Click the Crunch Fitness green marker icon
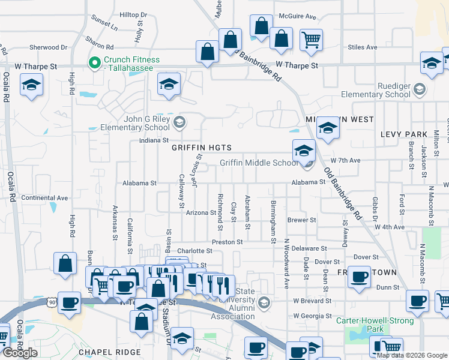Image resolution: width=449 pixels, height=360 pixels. pos(95,61)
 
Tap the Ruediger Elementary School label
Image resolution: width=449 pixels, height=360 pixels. pos(376,90)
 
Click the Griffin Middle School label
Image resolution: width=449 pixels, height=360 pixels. pos(259,163)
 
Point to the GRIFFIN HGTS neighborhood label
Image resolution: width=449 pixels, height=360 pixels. pos(201,148)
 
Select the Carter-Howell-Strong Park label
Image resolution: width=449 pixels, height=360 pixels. pos(376,325)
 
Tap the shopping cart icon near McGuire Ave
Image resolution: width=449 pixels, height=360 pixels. pos(311,40)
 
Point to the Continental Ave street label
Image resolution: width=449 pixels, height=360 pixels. pos(44,197)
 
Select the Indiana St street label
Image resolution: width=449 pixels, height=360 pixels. pos(154,140)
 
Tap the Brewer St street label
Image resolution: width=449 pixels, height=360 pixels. pos(301,220)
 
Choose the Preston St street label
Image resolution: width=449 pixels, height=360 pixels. pos(228,242)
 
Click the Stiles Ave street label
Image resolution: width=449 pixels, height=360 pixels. pos(363,47)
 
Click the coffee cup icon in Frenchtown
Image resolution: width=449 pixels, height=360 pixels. pos(359,278)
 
